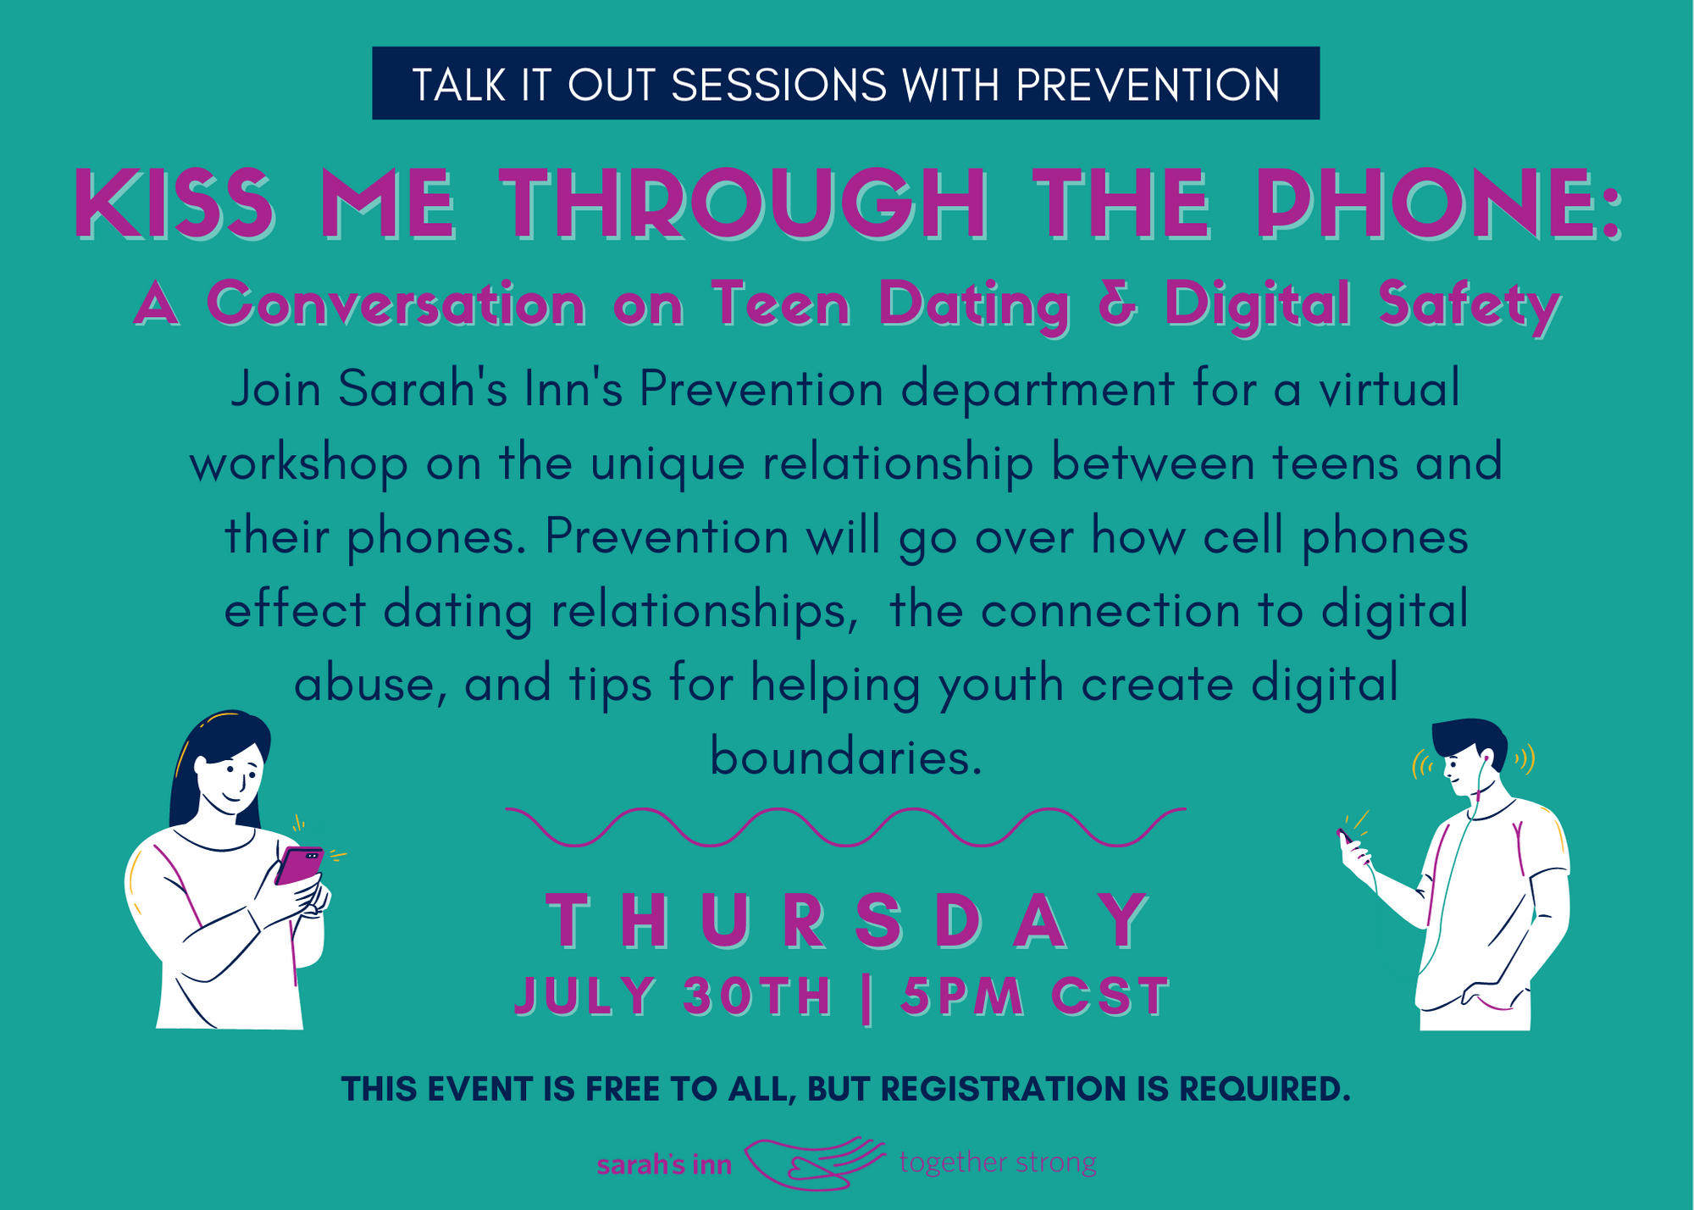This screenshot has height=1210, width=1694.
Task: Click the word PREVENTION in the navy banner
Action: point(1148,85)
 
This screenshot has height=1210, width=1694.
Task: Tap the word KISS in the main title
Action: point(174,203)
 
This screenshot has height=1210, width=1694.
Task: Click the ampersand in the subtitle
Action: point(1117,303)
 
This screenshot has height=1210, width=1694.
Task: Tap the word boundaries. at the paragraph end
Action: point(846,757)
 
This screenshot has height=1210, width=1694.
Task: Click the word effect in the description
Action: point(295,610)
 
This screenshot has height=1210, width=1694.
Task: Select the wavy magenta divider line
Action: point(846,827)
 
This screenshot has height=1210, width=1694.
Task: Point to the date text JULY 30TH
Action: point(673,996)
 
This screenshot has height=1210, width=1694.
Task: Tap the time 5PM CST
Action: point(1035,996)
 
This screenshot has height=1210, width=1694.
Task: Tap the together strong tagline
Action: point(998,1163)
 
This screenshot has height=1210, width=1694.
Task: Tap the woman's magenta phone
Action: point(299,865)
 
